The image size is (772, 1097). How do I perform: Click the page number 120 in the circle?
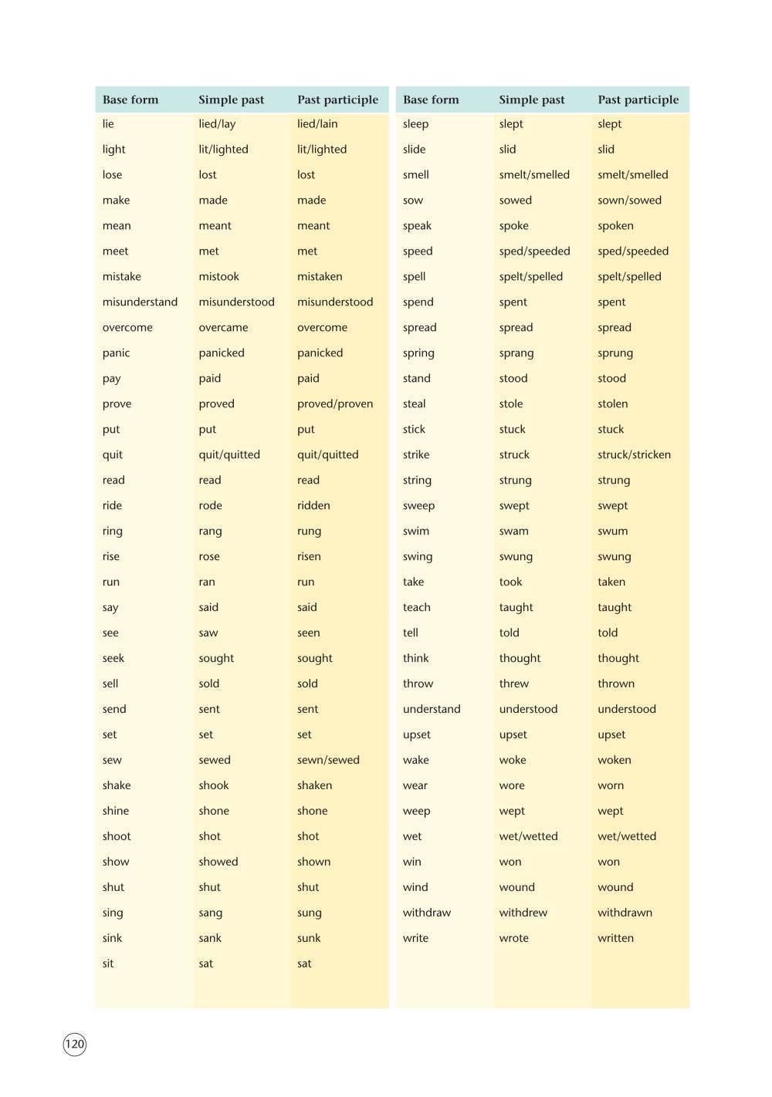coord(74,1045)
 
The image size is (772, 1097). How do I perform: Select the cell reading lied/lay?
coord(217,124)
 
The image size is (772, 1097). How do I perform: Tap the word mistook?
coord(218,277)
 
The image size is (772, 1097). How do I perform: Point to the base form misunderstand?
coord(140,302)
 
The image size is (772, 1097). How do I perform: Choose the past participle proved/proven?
coord(334,404)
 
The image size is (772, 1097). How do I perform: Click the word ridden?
coord(313,506)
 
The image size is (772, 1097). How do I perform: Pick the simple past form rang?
coord(210,532)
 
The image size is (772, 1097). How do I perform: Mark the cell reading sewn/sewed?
coord(328,761)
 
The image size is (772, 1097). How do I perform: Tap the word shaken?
coord(314,786)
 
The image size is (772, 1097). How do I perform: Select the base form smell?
coord(415,175)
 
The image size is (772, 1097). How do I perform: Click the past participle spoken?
coord(615,226)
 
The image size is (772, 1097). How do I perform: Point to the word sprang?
coord(516,353)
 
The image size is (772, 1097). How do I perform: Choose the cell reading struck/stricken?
coord(634,455)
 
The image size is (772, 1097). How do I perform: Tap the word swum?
coord(612,532)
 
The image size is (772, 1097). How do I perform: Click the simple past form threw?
coord(513,684)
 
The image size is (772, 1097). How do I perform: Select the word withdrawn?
coord(625,913)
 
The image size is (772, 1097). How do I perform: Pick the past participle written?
coord(615,939)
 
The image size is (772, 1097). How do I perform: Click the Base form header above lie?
coord(130,100)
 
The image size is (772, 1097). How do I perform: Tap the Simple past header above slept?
coord(531,100)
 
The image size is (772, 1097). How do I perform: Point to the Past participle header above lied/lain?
coord(337,100)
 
